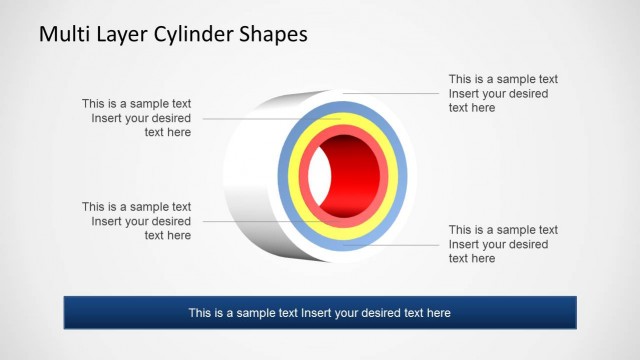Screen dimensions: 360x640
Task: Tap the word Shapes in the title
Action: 271,36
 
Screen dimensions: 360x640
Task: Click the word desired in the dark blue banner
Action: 379,313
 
